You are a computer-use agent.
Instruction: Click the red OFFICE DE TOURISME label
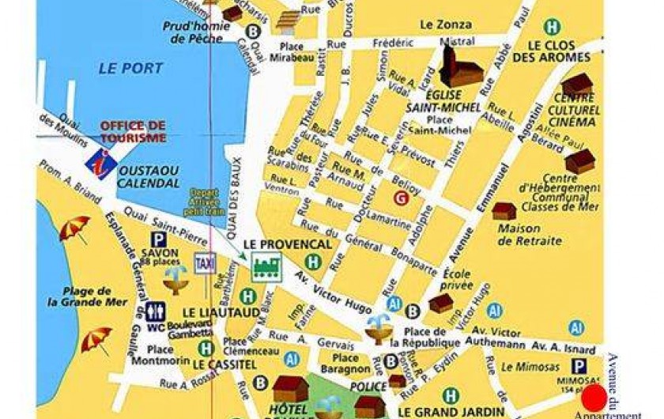(x=133, y=131)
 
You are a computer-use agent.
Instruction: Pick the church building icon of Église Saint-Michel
(x=460, y=67)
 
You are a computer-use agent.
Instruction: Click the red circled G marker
(x=401, y=198)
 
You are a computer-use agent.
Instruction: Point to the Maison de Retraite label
(x=530, y=235)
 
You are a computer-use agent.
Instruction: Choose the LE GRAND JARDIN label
(x=451, y=411)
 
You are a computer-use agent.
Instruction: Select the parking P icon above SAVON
(x=158, y=239)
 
